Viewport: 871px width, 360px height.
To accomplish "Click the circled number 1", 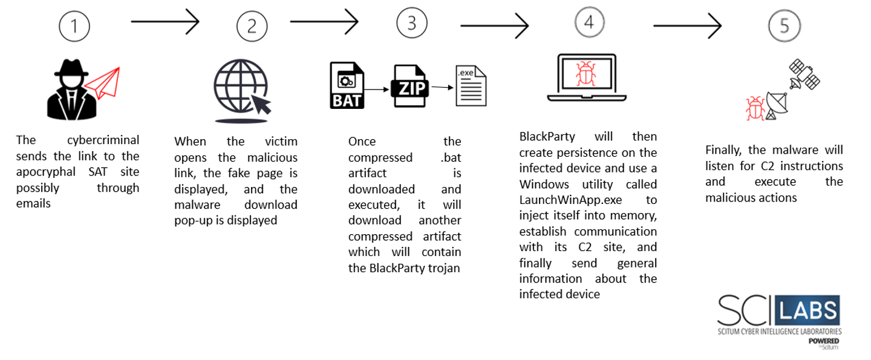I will pyautogui.click(x=74, y=26).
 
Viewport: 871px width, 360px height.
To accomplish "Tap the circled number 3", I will pyautogui.click(x=412, y=23).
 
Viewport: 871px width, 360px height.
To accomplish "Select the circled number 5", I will pyautogui.click(x=784, y=26).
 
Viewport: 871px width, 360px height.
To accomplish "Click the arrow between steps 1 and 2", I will pyautogui.click(x=165, y=22).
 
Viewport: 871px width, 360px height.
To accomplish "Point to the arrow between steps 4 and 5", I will pyautogui.click(x=687, y=25).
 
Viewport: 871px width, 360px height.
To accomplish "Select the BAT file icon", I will pyautogui.click(x=347, y=85).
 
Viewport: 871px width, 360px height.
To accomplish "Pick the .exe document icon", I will pyautogui.click(x=470, y=87).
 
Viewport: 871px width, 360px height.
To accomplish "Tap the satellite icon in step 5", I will pyautogui.click(x=805, y=74).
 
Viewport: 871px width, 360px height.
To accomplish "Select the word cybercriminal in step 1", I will pyautogui.click(x=103, y=140).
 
